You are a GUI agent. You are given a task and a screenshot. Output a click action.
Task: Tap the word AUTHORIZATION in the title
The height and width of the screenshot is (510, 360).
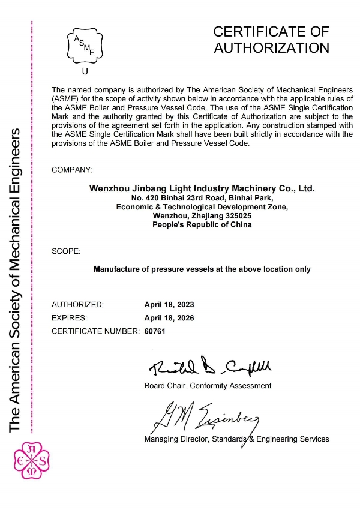click(272, 47)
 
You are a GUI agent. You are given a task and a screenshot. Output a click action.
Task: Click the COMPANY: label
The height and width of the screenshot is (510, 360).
click(73, 170)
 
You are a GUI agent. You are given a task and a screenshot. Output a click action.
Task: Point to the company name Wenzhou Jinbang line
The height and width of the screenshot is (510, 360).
click(202, 188)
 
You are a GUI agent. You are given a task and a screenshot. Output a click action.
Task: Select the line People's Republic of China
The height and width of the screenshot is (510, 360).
click(202, 224)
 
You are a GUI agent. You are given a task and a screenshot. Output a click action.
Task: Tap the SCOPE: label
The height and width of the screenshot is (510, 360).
click(66, 250)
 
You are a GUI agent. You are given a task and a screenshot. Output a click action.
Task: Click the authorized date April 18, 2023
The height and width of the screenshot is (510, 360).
click(169, 304)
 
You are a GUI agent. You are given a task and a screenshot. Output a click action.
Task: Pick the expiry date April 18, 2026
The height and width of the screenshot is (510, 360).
click(169, 317)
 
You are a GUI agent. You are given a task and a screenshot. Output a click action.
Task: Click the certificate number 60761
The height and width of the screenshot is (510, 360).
click(155, 331)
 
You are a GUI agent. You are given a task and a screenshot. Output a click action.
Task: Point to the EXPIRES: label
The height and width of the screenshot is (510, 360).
click(70, 317)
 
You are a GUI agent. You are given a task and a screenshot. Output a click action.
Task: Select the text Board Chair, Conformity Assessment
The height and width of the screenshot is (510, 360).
click(208, 385)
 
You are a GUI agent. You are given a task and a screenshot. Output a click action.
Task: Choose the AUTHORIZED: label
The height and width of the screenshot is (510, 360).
click(78, 304)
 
